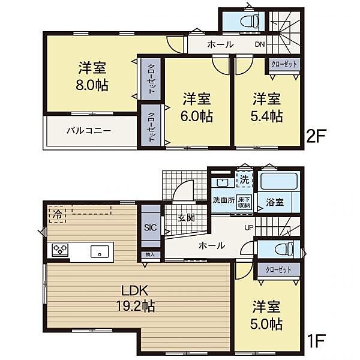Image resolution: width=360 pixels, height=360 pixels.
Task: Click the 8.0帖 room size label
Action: point(92,85)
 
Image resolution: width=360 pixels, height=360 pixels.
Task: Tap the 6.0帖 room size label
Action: point(197,116)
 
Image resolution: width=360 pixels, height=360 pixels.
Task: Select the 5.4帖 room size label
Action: point(266,116)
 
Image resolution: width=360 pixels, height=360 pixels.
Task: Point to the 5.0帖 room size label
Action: point(266,324)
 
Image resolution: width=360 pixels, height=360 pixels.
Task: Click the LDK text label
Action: point(135,290)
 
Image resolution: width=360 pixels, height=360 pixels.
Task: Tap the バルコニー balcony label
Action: point(89,131)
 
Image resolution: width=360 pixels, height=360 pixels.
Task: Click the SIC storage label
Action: point(151,227)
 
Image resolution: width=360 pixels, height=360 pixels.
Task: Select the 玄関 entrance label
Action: point(186,217)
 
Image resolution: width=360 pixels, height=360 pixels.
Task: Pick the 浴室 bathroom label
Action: point(275,202)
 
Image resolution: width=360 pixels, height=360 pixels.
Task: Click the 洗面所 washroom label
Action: point(224,200)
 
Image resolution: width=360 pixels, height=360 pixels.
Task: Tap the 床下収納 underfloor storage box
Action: point(244,202)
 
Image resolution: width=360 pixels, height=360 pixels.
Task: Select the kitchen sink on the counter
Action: point(100,251)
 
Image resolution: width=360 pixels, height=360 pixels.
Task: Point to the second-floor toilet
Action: point(250,22)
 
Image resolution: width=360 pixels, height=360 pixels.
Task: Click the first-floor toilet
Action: point(284,250)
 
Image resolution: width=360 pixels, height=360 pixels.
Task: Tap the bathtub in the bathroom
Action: point(279,181)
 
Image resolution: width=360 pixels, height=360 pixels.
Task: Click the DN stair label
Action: point(260,44)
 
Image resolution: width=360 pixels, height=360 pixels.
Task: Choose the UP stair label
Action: point(249,228)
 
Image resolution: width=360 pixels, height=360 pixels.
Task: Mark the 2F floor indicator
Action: point(316,136)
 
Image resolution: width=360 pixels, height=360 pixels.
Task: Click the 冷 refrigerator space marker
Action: point(58,215)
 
